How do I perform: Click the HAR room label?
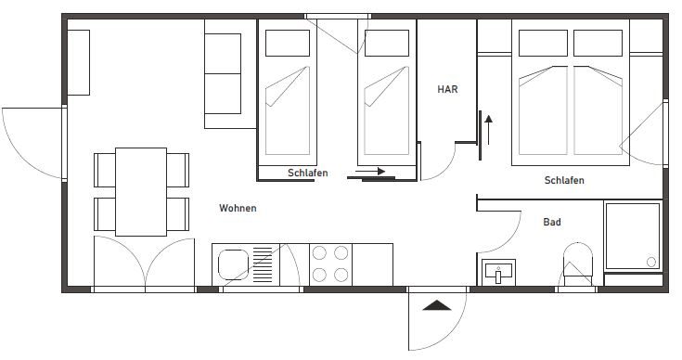coord(447,89)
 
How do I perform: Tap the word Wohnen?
coord(238,208)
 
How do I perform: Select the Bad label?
coord(552,222)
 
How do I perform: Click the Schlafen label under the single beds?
coord(307,173)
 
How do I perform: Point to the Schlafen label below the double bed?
coord(564,180)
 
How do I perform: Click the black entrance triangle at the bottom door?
coord(437,305)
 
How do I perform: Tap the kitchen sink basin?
coord(233,264)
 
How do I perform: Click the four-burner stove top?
coord(330,264)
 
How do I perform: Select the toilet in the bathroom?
coord(577,264)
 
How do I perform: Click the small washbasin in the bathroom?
coord(498,273)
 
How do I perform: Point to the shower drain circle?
coord(651,262)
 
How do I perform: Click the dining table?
coord(141,192)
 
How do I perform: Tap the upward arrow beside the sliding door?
coord(488,130)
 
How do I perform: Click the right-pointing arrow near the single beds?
coord(370,172)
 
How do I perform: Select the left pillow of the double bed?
coord(543,43)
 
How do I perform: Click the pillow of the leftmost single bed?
coord(288,43)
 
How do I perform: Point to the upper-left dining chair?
coord(105,170)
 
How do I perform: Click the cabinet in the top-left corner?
coord(79,62)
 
